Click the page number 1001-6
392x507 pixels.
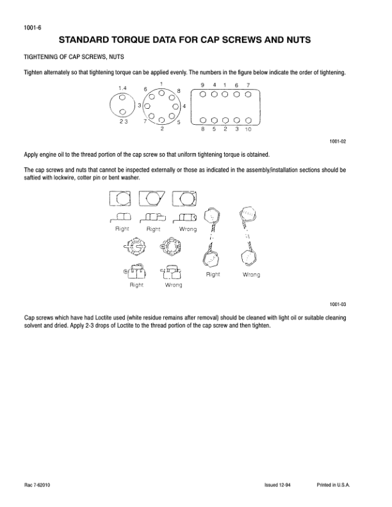[x=31, y=28]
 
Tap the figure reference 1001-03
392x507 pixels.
[x=337, y=305]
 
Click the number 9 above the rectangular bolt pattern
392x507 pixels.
[x=202, y=86]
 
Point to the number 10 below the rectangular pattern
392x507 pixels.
[x=248, y=129]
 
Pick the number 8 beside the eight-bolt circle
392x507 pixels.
[x=179, y=91]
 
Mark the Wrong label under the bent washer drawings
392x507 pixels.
[x=188, y=229]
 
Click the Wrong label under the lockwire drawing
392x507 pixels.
[x=251, y=275]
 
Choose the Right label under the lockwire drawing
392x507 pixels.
[x=213, y=274]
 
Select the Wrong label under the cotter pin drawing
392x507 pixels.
[x=174, y=285]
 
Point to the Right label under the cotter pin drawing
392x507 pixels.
[x=136, y=285]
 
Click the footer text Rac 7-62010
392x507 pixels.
[x=37, y=485]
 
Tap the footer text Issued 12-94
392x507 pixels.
[x=278, y=485]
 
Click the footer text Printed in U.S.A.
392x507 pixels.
[x=333, y=485]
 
